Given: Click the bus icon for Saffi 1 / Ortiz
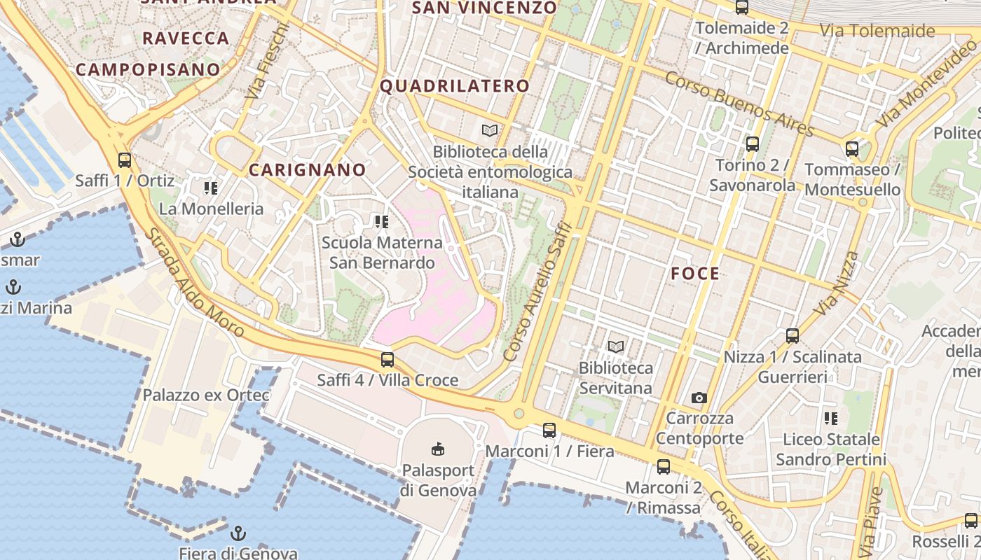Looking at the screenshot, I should pos(125,160).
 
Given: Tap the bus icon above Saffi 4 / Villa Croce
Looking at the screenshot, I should pos(387,360).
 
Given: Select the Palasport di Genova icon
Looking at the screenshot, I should pos(438,449).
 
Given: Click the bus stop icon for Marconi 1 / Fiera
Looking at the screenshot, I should pos(549,430).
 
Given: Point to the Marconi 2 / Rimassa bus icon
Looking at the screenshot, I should pos(663,467).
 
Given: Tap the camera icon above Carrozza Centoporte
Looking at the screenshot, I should pos(699,398).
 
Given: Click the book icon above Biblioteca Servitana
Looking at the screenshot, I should pos(616,346).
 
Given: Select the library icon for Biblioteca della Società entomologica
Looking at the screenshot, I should pos(490,130).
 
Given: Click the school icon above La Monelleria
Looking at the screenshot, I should pos(211,188).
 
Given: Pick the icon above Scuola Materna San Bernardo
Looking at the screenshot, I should pos(382,223).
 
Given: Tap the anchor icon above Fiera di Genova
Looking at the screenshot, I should pos(239,533).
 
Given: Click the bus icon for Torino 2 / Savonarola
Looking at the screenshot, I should pos(753,145).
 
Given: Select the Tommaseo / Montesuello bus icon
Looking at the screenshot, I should pos(852,149).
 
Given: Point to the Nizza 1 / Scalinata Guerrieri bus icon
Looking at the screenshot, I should pos(793,336).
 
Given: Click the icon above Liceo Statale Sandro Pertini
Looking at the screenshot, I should pos(831,419).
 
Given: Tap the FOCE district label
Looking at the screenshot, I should pos(695,274).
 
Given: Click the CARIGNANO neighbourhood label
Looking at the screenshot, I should pos(308,170).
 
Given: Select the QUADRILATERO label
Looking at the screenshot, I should pos(455,86).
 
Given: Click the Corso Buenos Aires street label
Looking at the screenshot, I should pos(739,104).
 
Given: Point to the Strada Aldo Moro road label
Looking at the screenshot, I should pos(194,281).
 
